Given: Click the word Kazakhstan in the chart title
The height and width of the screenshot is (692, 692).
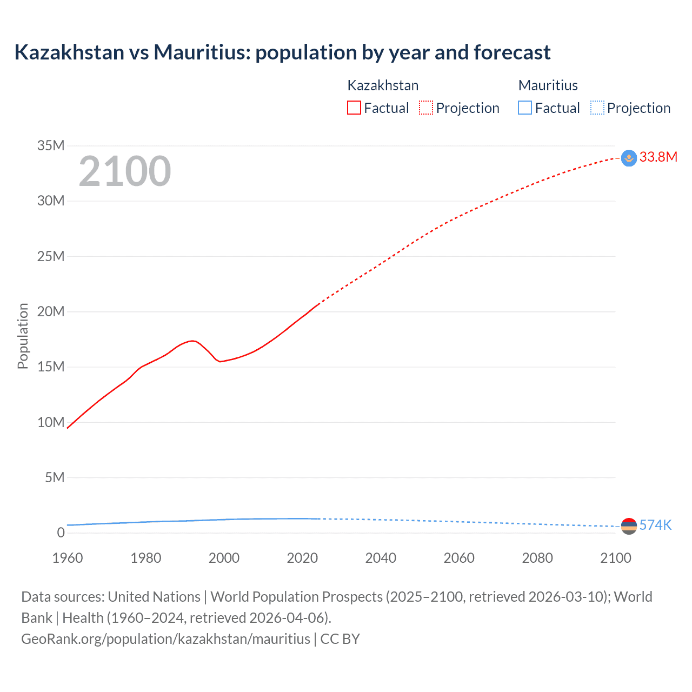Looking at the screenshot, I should click(x=69, y=52).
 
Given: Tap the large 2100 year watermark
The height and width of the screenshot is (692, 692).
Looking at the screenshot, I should click(x=125, y=171).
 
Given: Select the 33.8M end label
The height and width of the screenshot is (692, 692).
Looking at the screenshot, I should click(x=658, y=157).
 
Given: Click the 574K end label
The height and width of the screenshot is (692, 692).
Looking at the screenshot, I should click(x=655, y=525).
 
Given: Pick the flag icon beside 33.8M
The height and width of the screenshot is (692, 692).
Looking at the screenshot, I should click(x=629, y=158).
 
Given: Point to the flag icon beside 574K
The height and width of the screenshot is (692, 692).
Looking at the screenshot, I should click(x=629, y=526).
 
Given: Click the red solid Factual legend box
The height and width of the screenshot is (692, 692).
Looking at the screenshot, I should click(x=354, y=108).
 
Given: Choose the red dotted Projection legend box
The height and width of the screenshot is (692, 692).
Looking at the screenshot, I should click(x=426, y=108).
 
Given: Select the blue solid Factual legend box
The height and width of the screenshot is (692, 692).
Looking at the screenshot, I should click(x=525, y=108).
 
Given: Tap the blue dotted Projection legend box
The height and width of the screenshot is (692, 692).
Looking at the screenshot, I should click(x=597, y=108).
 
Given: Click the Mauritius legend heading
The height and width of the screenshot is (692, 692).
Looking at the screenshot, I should click(x=548, y=85).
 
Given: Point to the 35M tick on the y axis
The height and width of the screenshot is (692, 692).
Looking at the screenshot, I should click(x=51, y=145).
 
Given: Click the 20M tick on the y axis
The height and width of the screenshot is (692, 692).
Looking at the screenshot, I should click(x=51, y=311).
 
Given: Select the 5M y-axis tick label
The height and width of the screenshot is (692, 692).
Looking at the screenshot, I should click(x=55, y=477).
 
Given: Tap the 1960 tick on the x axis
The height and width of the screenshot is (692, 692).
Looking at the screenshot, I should click(x=68, y=558).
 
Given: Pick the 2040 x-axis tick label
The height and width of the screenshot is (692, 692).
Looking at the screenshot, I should click(x=381, y=558).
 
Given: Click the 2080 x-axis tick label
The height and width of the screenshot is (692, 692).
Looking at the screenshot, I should click(x=537, y=558).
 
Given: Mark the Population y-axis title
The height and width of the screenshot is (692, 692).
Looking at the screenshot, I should click(x=23, y=336).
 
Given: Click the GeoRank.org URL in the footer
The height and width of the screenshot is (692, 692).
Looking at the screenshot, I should click(x=165, y=639).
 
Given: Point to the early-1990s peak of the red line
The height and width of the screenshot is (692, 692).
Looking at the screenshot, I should click(x=192, y=341).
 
